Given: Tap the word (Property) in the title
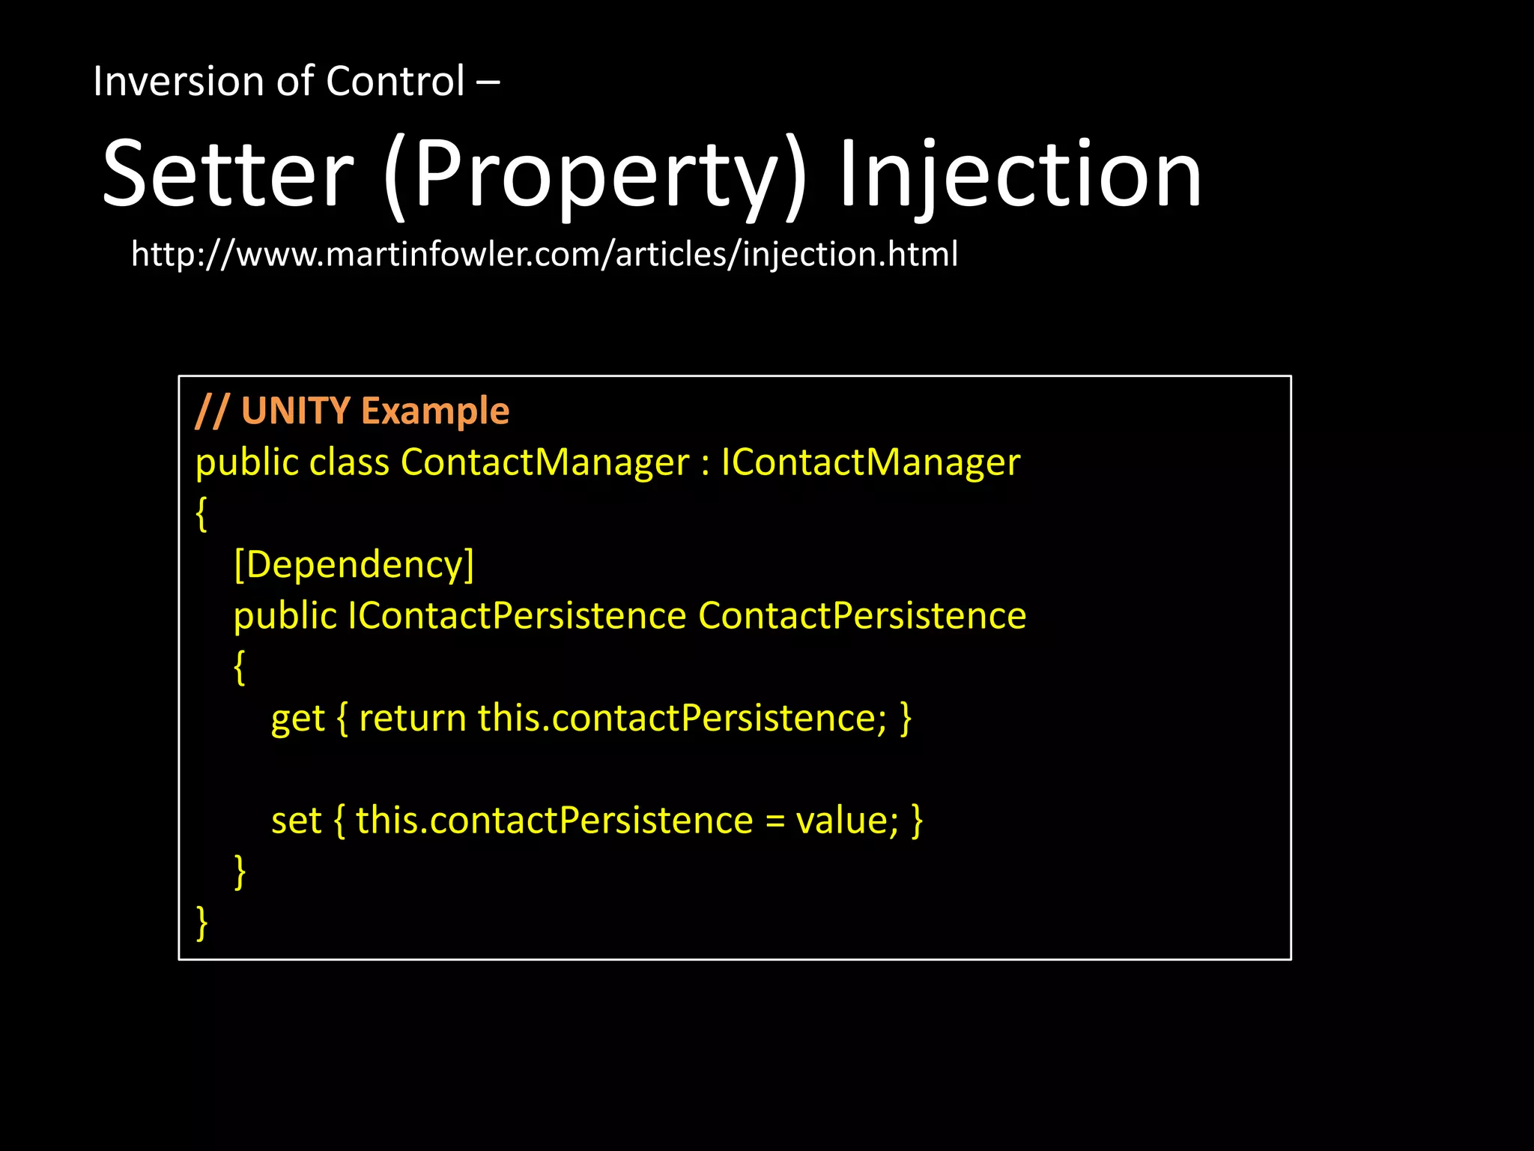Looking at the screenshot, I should (x=595, y=175).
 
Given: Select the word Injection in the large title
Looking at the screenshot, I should (x=1019, y=175).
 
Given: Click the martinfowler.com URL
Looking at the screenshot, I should (x=545, y=254).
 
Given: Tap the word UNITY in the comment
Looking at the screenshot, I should (x=295, y=411).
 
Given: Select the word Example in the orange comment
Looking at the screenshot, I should (x=435, y=411).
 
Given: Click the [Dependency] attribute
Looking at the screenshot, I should (x=354, y=564).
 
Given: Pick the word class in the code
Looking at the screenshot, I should (x=349, y=462).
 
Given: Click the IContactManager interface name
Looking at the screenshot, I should (x=870, y=462).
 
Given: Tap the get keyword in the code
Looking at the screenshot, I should (x=297, y=719).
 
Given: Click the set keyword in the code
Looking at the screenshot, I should (x=296, y=821).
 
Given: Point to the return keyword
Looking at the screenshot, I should (x=413, y=719).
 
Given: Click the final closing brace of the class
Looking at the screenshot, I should (x=201, y=922).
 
